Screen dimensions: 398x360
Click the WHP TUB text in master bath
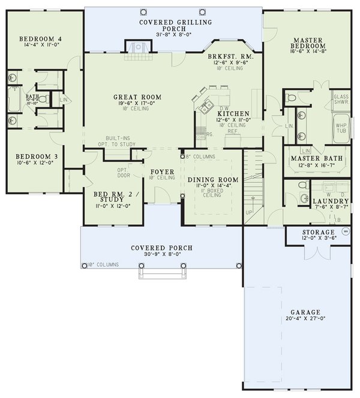click(x=341, y=129)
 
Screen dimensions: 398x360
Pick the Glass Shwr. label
click(x=341, y=99)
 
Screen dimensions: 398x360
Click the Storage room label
click(x=317, y=232)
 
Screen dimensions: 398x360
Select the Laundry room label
click(x=331, y=201)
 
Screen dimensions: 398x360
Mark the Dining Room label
click(x=213, y=180)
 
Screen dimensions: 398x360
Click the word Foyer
click(x=163, y=171)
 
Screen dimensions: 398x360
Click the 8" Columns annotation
click(x=197, y=157)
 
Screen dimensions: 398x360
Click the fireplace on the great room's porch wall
click(x=135, y=47)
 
